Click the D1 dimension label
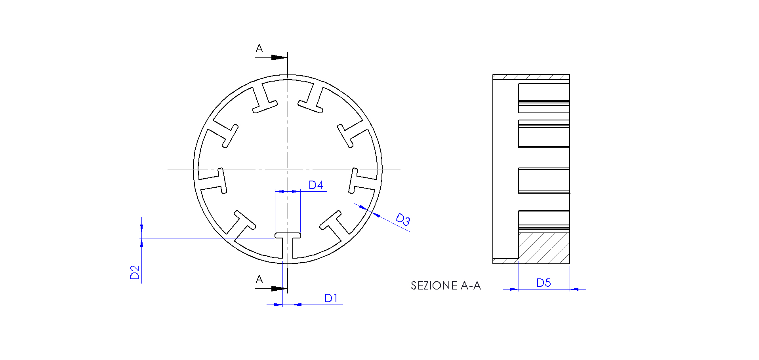331,298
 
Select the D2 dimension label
135,272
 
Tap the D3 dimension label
403,219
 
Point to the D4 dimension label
316,185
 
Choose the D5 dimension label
544,283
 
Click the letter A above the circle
259,49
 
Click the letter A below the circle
259,280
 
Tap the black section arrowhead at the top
279,57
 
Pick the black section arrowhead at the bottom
279,288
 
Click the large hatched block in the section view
544,248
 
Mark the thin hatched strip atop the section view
531,77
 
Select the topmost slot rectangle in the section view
544,98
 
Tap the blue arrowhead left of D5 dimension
514,289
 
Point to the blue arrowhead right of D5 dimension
574,289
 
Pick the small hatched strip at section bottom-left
505,261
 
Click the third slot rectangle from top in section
544,181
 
